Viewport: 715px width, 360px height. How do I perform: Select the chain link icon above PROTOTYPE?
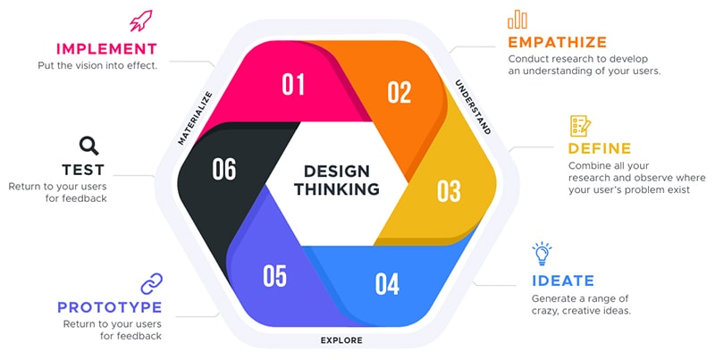click(x=151, y=284)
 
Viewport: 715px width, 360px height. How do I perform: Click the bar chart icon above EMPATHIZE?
click(x=517, y=20)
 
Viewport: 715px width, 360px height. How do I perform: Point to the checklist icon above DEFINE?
click(x=579, y=126)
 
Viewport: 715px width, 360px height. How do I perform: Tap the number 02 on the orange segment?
click(x=399, y=92)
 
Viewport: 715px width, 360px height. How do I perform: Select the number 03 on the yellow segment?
click(x=448, y=190)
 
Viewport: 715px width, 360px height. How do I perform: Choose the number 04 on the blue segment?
click(x=387, y=284)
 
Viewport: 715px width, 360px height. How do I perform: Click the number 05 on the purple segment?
click(x=275, y=276)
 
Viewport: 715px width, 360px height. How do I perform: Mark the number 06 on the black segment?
click(x=224, y=169)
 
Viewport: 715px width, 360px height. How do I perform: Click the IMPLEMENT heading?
click(x=106, y=48)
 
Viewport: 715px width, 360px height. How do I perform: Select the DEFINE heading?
click(x=600, y=148)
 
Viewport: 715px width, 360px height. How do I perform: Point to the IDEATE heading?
click(x=562, y=280)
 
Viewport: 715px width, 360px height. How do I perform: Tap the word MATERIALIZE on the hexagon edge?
click(x=194, y=117)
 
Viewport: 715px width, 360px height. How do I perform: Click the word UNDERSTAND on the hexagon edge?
click(x=473, y=106)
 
